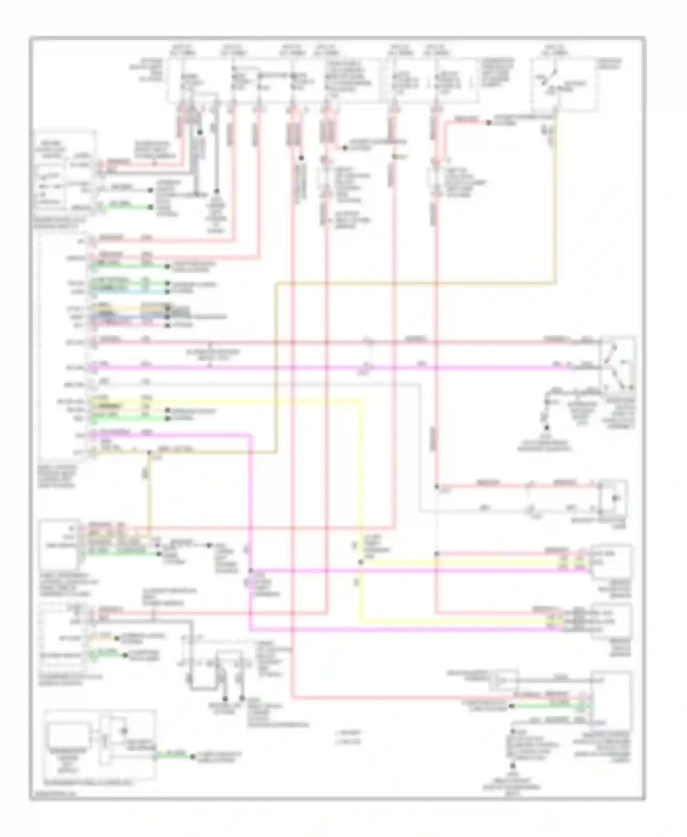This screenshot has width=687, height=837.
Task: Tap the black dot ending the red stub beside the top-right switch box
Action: [488, 123]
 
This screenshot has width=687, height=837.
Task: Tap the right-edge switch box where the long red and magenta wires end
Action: [617, 364]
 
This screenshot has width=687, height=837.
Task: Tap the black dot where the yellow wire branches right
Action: [361, 562]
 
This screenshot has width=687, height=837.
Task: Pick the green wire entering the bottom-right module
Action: [550, 706]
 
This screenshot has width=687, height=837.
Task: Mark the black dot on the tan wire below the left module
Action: [149, 452]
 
